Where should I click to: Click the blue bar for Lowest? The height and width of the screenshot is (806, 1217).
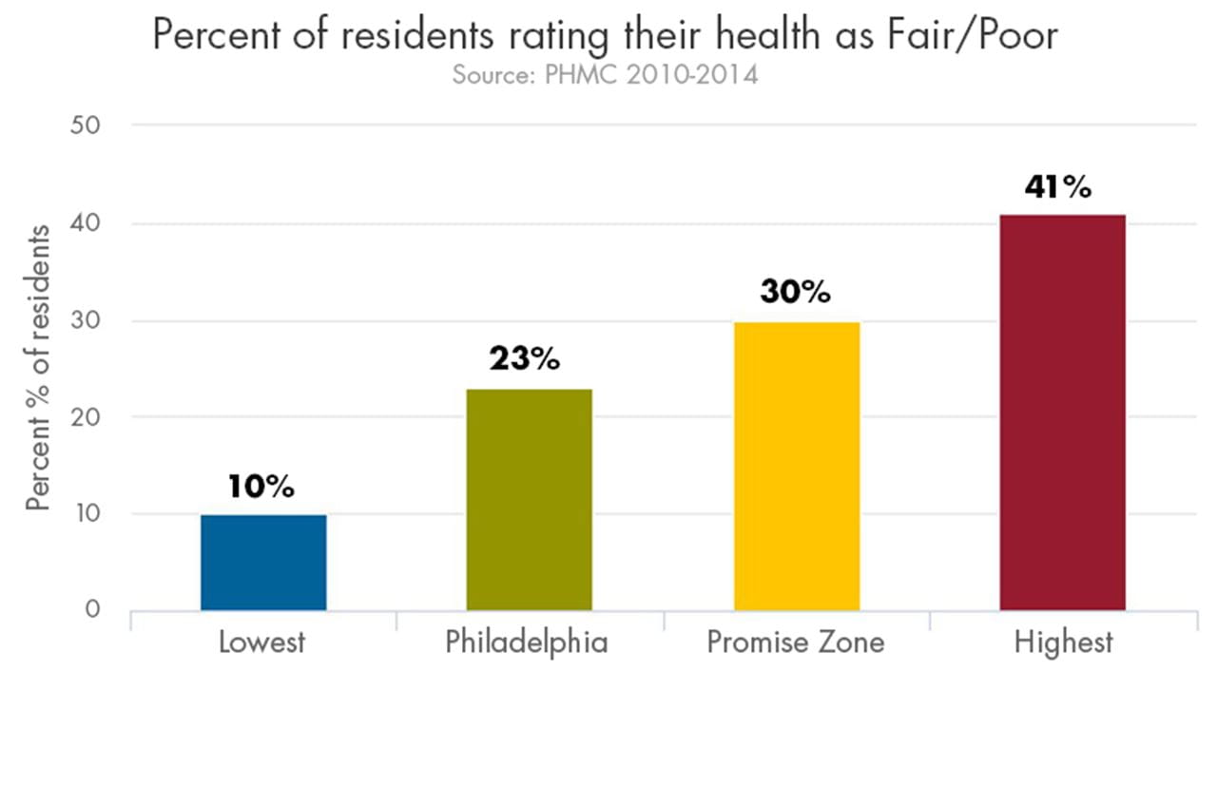263,562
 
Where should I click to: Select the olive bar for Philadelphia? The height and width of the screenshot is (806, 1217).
529,499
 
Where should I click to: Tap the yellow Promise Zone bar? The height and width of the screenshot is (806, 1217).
797,466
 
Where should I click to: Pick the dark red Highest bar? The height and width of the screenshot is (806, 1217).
1062,413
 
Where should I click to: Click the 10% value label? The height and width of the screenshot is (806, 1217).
261,488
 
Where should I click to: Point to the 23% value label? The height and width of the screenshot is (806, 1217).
525,360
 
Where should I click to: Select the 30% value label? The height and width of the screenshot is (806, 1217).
795,292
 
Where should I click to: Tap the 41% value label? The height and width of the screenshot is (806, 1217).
1057,187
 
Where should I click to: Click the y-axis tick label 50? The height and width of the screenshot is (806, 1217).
87,125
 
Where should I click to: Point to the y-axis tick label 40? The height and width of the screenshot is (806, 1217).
87,224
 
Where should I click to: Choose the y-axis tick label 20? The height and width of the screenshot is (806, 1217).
87,417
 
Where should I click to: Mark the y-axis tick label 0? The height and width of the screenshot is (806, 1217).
92,609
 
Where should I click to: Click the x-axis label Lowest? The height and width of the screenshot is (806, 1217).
262,643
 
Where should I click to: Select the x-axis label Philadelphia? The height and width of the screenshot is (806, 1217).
526,643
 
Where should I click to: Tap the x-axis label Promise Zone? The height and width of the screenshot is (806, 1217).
795,643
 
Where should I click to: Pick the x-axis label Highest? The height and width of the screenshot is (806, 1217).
1062,643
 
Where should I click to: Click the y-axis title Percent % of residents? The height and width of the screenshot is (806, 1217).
38,368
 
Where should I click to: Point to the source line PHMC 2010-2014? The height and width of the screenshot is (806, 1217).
605,75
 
